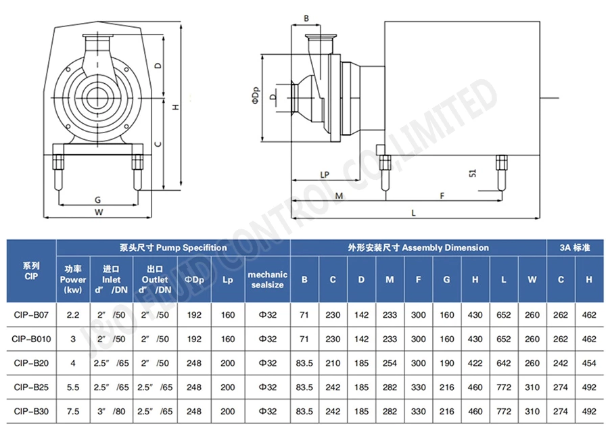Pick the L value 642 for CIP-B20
[x=503, y=363]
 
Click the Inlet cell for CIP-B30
[x=111, y=411]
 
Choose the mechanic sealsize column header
[x=267, y=279]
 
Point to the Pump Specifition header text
[x=173, y=247]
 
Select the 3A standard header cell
[x=576, y=247]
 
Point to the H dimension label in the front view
[x=175, y=107]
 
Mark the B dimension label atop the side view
[x=306, y=18]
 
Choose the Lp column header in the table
[x=228, y=279]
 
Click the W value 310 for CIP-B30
[x=532, y=411]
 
